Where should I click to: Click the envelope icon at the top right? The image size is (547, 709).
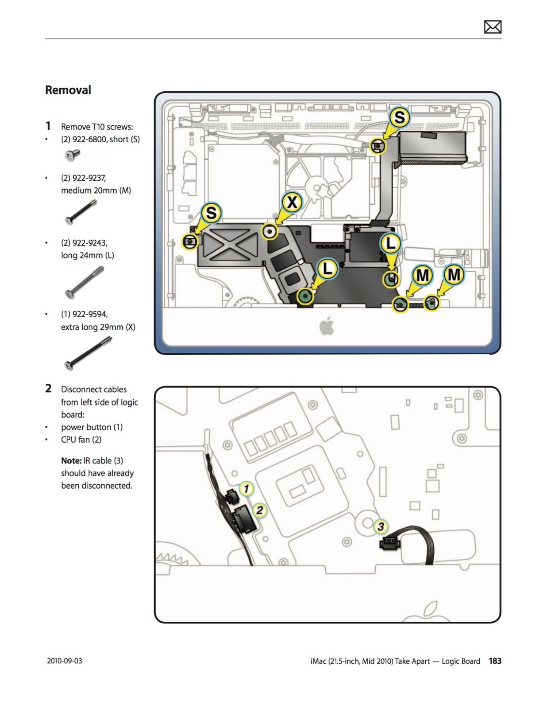pos(492,27)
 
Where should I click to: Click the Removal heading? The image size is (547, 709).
pos(68,90)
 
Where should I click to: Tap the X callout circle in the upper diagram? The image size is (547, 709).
pos(292,202)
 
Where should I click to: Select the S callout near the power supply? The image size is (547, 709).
pos(399,117)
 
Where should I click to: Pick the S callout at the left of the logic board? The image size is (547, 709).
pos(211,213)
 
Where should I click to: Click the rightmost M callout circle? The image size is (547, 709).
pos(454,275)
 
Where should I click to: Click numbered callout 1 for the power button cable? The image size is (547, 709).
pos(247,488)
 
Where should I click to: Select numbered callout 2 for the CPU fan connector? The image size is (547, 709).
pos(260,510)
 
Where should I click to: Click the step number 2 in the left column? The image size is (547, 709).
pos(48,389)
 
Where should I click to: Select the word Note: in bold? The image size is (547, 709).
pos(71,460)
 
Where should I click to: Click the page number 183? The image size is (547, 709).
pos(495,661)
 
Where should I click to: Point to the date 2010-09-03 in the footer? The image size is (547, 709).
pos(65,661)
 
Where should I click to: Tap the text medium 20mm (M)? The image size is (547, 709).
pos(96,190)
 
